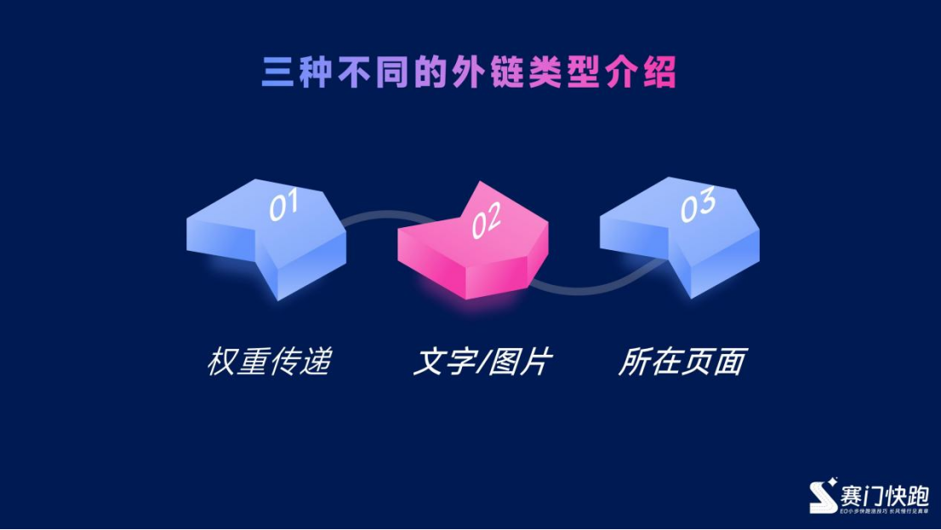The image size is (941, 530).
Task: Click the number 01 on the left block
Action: pyautogui.click(x=283, y=206)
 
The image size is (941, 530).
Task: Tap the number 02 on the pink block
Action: pyautogui.click(x=486, y=223)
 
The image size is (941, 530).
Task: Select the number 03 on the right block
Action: pyautogui.click(x=698, y=207)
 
